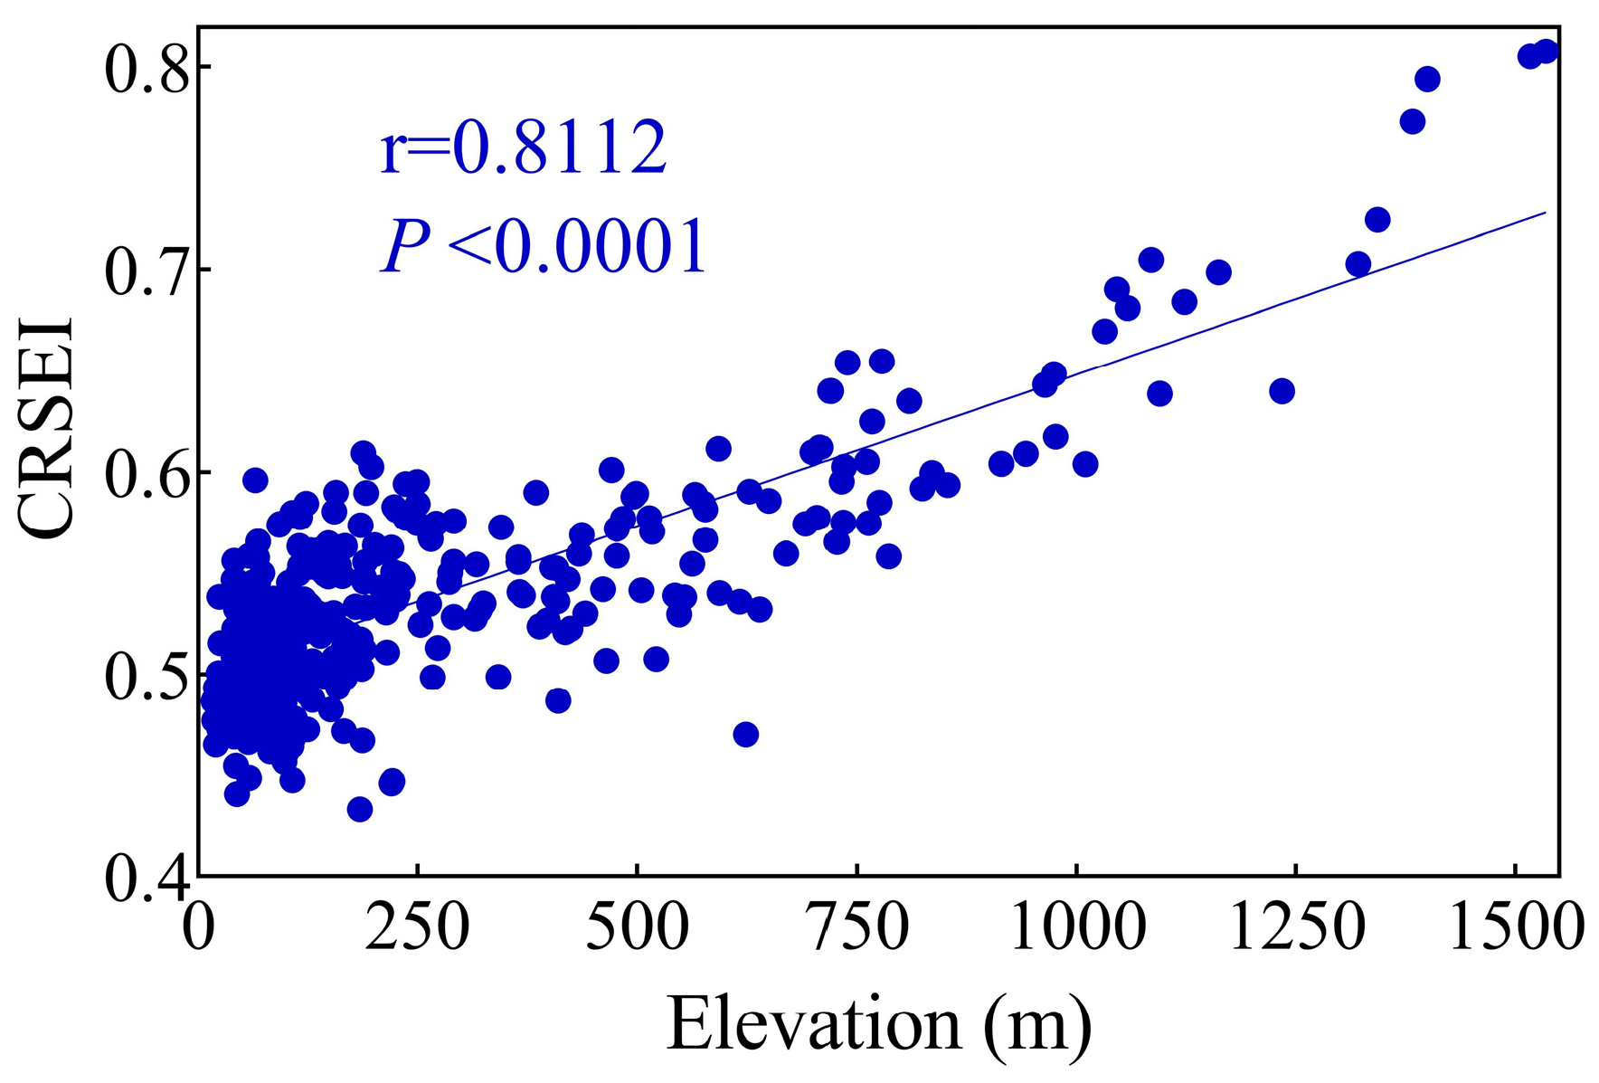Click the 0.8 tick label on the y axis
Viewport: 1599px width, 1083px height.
pos(145,69)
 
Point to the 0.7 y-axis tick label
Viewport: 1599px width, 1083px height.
pos(145,271)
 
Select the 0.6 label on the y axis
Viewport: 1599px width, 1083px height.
pos(145,474)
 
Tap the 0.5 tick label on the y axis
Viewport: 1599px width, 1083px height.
pos(145,676)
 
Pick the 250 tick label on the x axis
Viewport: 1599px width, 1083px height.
pos(417,929)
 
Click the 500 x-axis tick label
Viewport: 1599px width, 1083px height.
pos(638,929)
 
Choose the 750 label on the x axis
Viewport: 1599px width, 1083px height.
pos(856,929)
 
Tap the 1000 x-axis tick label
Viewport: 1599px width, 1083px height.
pos(1076,929)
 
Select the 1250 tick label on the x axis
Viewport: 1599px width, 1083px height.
pos(1296,929)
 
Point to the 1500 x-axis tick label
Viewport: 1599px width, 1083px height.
pos(1516,929)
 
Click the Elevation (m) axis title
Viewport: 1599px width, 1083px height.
pos(879,1025)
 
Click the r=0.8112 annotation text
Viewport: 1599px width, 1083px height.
pos(524,147)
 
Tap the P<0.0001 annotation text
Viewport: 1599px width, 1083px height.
pos(544,246)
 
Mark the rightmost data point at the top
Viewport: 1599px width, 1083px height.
pos(1547,52)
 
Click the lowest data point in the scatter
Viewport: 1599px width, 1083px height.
pos(360,809)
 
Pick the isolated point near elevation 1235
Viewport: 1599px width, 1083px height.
pos(1282,391)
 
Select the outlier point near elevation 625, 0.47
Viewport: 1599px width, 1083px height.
pos(745,734)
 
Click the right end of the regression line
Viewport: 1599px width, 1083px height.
pos(1545,213)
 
